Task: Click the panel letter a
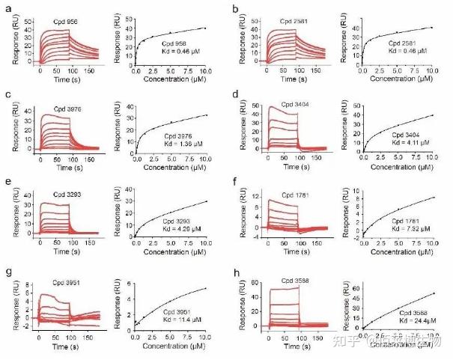(6, 9)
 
